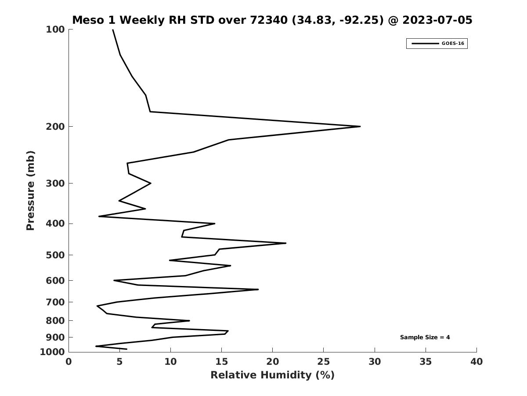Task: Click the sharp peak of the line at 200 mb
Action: [360, 126]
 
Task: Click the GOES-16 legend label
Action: [453, 44]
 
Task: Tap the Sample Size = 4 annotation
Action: [425, 337]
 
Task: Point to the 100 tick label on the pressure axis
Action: [55, 29]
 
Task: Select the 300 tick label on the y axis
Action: [55, 183]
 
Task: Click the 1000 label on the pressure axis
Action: [52, 352]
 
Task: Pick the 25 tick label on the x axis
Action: [323, 362]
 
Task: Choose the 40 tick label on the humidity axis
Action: [476, 362]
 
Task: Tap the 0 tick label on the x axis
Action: [69, 362]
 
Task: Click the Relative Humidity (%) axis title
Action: [273, 375]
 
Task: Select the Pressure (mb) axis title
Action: [30, 191]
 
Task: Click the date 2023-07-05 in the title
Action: [437, 20]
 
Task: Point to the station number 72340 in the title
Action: [269, 20]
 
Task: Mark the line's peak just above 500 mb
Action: [286, 243]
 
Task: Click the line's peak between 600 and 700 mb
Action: [258, 289]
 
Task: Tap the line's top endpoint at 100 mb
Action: [113, 30]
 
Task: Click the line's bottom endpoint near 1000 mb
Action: [126, 349]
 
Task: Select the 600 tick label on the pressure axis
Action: [55, 280]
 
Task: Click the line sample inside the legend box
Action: [425, 44]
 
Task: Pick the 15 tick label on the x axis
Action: [221, 362]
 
